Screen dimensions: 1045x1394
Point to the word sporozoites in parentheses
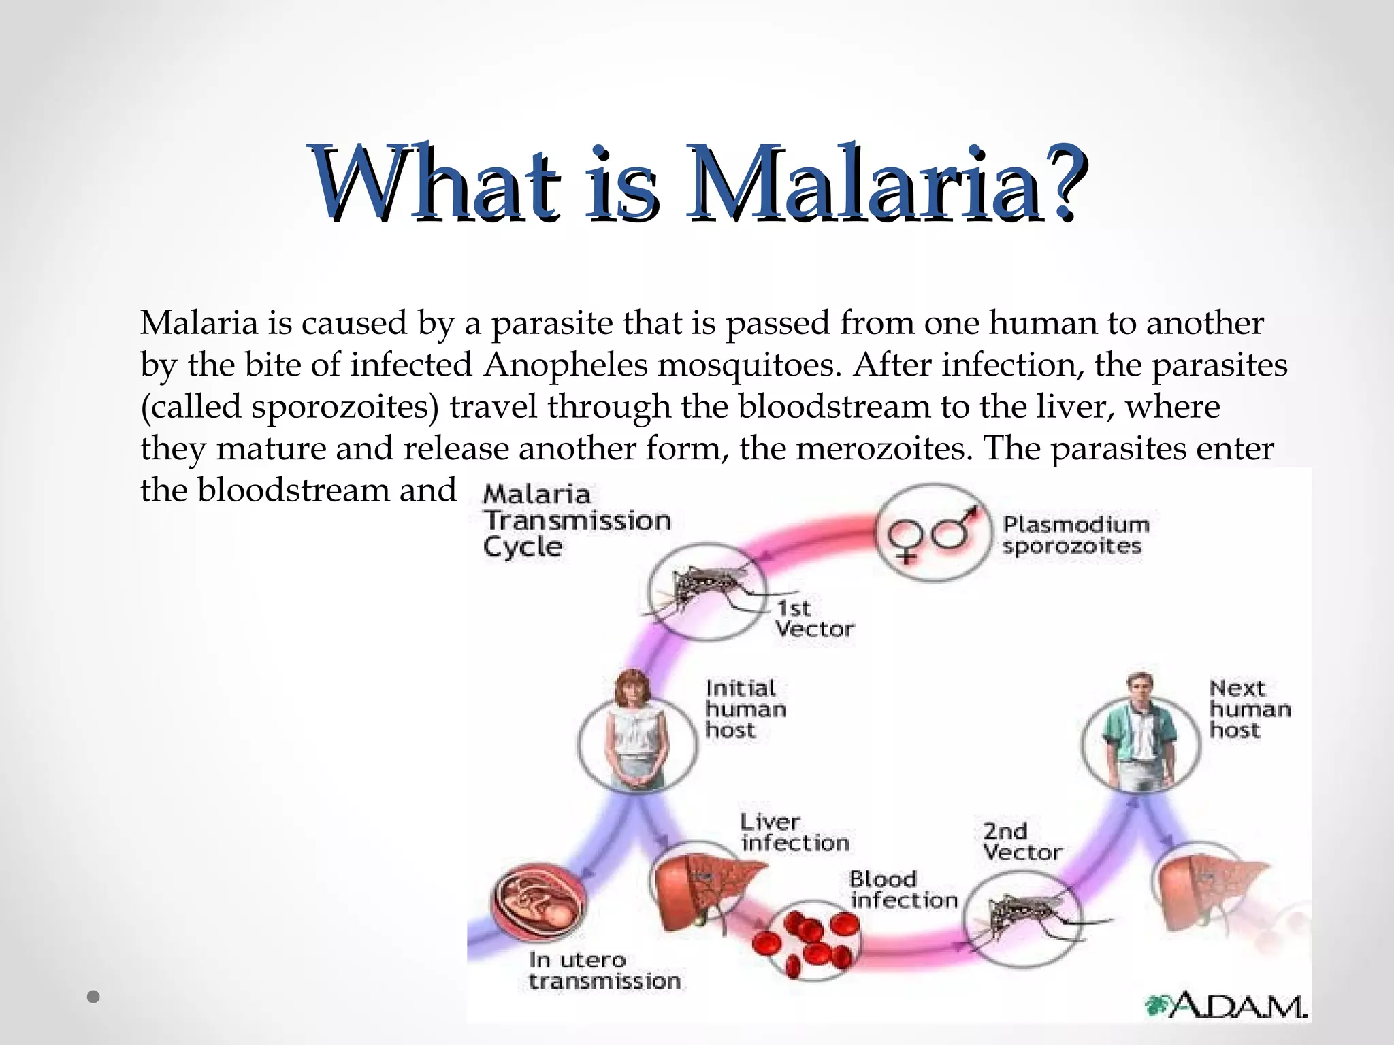[x=344, y=407]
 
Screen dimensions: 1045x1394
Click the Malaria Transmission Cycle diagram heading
[x=575, y=521]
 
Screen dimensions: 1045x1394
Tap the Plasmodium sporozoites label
[x=1075, y=535]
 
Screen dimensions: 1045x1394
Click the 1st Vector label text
[x=813, y=618]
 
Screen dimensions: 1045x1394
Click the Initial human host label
[x=745, y=709]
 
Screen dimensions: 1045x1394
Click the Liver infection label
[x=794, y=833]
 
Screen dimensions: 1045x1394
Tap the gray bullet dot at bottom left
[x=94, y=997]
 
